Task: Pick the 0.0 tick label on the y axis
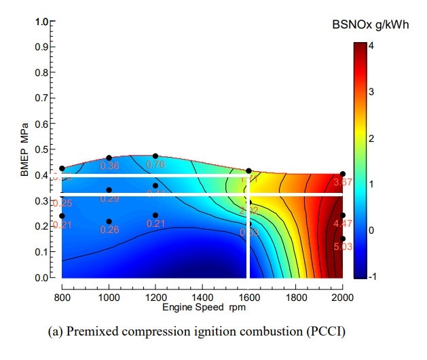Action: click(42, 278)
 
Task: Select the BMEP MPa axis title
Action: click(24, 150)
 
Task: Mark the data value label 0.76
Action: click(156, 164)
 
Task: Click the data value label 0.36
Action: click(109, 166)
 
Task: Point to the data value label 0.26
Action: click(109, 230)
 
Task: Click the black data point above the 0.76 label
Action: click(155, 156)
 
